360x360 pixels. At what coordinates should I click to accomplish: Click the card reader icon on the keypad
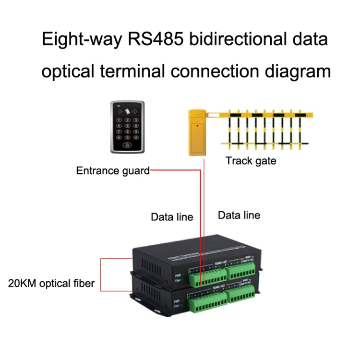(127, 109)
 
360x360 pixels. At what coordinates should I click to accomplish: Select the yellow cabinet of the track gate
(197, 134)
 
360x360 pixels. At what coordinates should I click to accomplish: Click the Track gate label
(251, 161)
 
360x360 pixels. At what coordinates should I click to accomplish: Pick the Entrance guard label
(112, 170)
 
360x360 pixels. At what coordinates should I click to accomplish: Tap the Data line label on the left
(172, 217)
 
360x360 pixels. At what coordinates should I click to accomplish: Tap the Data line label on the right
(239, 215)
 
